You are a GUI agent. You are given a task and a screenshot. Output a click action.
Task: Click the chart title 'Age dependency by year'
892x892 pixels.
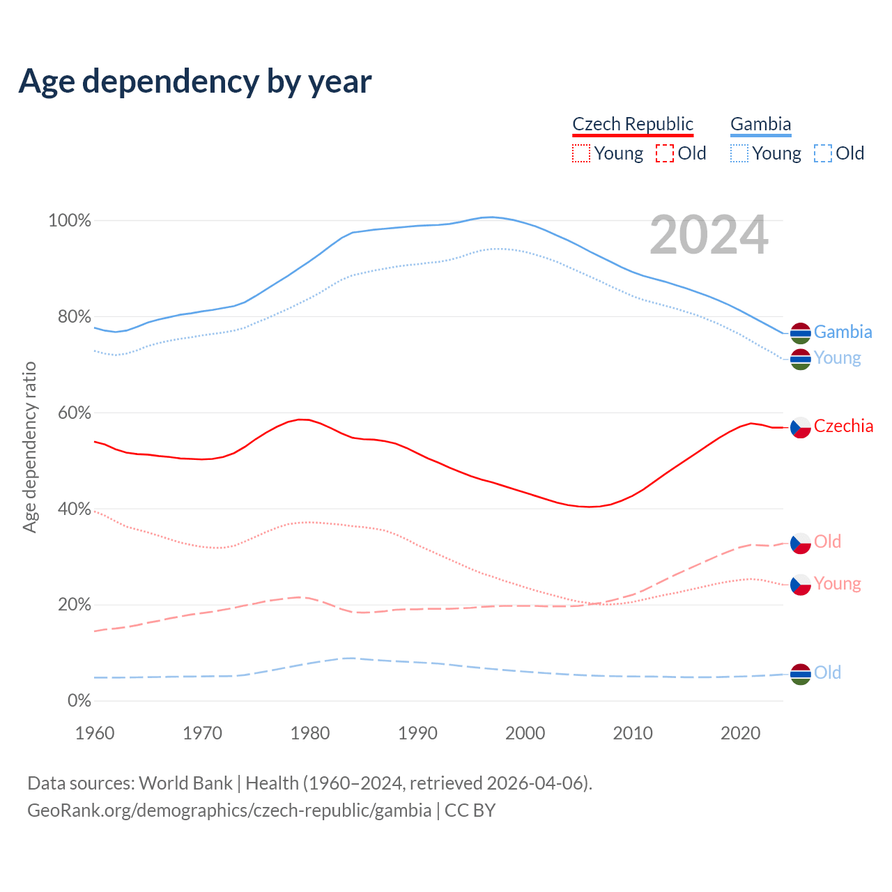click(195, 81)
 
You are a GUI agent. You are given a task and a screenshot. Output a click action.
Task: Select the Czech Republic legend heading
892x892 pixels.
click(633, 124)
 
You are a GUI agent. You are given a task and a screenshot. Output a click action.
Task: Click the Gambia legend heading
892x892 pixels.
click(760, 124)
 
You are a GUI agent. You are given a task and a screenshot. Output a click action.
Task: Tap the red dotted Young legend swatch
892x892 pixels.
click(580, 153)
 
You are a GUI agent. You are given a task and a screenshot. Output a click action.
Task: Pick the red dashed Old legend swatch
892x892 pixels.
click(665, 153)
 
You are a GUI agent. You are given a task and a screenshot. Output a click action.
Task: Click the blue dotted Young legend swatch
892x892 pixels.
click(739, 153)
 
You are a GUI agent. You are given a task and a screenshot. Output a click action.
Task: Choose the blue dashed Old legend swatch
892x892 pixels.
click(823, 153)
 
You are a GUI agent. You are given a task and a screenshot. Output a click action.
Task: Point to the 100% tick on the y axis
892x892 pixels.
click(70, 221)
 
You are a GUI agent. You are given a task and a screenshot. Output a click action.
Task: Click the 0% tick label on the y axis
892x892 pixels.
click(79, 700)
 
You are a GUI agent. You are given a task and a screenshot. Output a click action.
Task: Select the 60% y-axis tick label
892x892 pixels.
click(74, 413)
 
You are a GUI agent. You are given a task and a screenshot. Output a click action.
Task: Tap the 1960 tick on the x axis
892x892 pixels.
click(95, 733)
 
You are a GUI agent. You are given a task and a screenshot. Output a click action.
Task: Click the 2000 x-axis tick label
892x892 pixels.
click(525, 733)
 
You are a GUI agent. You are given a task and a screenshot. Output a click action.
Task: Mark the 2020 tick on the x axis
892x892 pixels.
click(740, 733)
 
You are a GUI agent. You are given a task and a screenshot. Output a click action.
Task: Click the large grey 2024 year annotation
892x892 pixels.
click(709, 235)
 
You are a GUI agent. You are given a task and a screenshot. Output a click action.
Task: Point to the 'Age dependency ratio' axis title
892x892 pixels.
click(29, 447)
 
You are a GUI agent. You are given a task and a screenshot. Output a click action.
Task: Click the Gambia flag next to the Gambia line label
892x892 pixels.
click(801, 333)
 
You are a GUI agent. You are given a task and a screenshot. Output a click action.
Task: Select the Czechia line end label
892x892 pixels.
click(843, 426)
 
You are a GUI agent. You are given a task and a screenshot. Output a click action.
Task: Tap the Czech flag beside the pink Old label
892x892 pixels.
click(801, 544)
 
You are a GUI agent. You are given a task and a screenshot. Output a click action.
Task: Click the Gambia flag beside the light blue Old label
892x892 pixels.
click(801, 674)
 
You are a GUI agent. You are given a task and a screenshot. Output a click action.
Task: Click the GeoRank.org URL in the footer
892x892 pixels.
click(229, 810)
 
